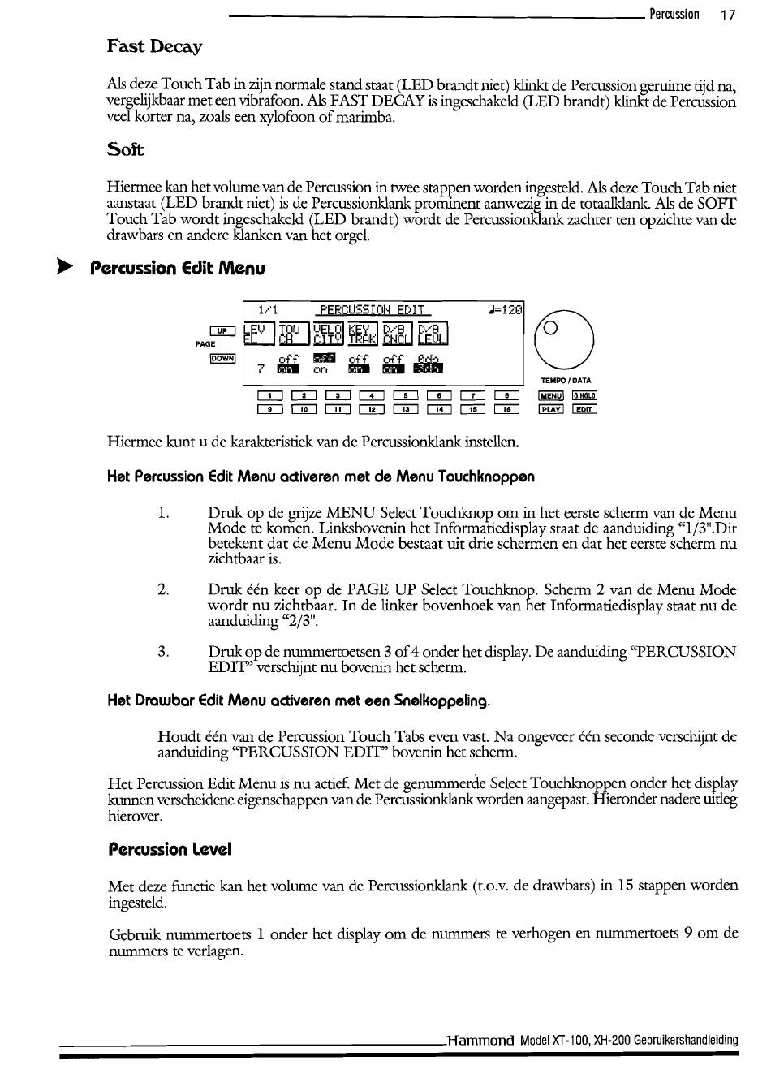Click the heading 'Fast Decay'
154,46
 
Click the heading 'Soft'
125,149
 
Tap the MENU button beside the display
551,395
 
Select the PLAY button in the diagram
551,409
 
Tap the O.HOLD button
584,395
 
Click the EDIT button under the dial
584,409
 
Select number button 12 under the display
371,409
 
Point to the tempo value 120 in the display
510,309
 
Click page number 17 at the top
727,15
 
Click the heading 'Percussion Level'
170,849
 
